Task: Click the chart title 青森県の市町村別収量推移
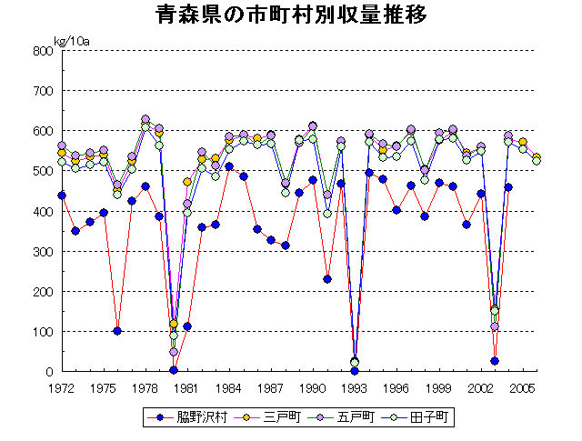pyautogui.click(x=291, y=16)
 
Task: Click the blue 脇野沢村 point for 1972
pyautogui.click(x=62, y=195)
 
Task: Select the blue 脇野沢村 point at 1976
pyautogui.click(x=117, y=331)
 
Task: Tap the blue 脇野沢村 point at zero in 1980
pyautogui.click(x=174, y=370)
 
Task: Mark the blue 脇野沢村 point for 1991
pyautogui.click(x=327, y=279)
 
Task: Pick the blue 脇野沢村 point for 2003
pyautogui.click(x=495, y=361)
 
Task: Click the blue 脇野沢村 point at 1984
pyautogui.click(x=229, y=166)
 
